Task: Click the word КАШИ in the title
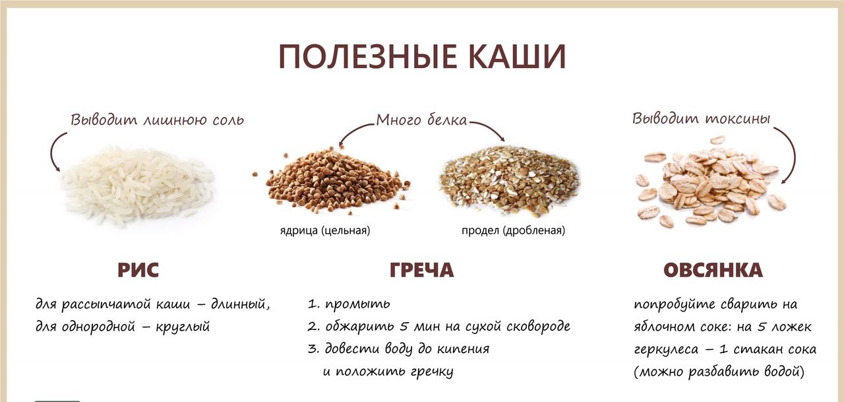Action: pyautogui.click(x=514, y=57)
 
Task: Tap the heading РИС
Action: pyautogui.click(x=138, y=270)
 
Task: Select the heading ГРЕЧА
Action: pyautogui.click(x=421, y=270)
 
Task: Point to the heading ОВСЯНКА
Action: pyautogui.click(x=713, y=270)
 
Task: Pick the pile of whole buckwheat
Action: pyautogui.click(x=332, y=181)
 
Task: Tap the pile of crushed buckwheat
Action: pyautogui.click(x=510, y=180)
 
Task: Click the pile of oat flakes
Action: pyautogui.click(x=710, y=183)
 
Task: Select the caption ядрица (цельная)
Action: pyautogui.click(x=325, y=230)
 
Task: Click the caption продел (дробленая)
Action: pyautogui.click(x=513, y=230)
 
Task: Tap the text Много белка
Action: pyautogui.click(x=421, y=120)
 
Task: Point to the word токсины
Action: pyautogui.click(x=738, y=119)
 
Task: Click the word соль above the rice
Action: pyautogui.click(x=228, y=120)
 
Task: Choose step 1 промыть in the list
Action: pyautogui.click(x=349, y=304)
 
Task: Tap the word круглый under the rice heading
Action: pyautogui.click(x=183, y=327)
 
